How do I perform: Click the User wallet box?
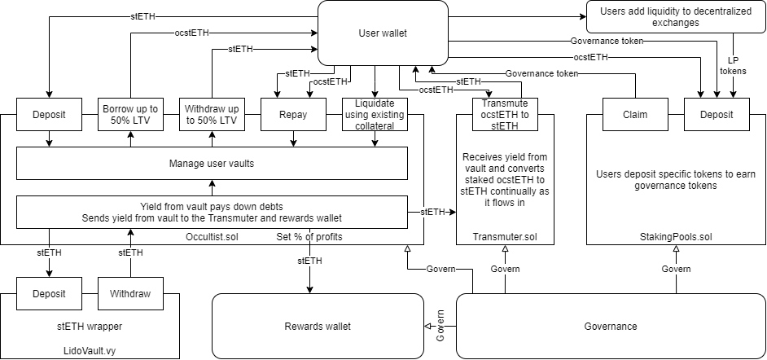[383, 33]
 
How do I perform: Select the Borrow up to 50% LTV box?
[130, 115]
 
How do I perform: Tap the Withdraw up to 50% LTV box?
[212, 115]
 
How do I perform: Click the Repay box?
[293, 115]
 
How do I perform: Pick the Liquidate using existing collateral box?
[375, 115]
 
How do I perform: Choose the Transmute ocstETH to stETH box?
[505, 115]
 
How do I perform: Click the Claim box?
[635, 115]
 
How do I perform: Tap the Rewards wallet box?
[318, 327]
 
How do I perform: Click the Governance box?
[610, 327]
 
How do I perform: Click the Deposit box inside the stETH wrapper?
[49, 294]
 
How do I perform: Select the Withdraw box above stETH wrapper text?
[130, 294]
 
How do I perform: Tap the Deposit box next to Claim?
[717, 115]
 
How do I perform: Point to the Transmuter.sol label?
[505, 236]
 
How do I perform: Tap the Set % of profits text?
[309, 237]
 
